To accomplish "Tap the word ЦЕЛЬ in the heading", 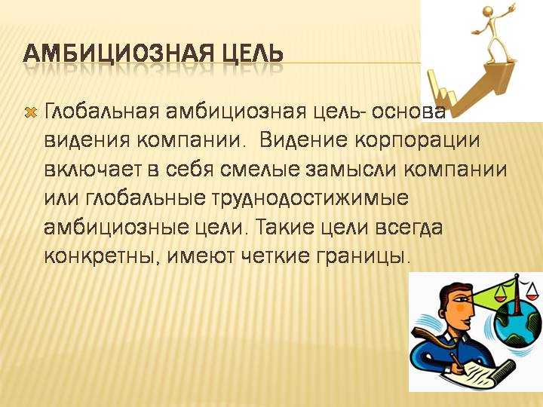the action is pyautogui.click(x=248, y=54).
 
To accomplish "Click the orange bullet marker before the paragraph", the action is pyautogui.click(x=32, y=112).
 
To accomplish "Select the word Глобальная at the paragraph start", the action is pyautogui.click(x=102, y=112).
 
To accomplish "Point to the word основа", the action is pyautogui.click(x=404, y=112).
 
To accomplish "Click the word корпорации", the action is pyautogui.click(x=418, y=142).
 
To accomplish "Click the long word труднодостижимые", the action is pyautogui.click(x=310, y=200).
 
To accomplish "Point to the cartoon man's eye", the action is pyautogui.click(x=462, y=298).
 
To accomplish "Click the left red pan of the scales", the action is pyautogui.click(x=500, y=297).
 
